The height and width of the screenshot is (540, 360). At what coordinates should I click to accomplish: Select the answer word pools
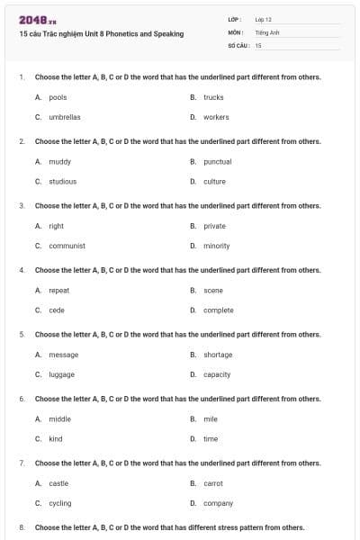pos(58,97)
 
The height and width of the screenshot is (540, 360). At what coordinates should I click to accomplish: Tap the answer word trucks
pos(213,97)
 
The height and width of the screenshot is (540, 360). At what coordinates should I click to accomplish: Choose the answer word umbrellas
pos(64,117)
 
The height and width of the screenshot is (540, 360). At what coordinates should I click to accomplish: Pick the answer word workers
pos(216,117)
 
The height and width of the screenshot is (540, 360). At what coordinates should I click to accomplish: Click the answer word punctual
pos(217,162)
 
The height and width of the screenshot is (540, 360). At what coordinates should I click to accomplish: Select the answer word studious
pos(62,181)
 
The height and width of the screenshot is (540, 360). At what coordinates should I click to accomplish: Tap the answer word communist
pos(67,246)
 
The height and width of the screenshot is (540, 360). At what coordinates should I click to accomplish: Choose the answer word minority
pos(216,246)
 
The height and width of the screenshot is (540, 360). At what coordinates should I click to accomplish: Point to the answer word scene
pos(213,291)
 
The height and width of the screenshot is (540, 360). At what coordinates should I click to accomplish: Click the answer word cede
pos(57,310)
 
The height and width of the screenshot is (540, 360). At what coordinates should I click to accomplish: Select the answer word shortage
pos(218,355)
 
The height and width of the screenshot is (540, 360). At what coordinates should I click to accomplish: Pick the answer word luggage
pos(61,374)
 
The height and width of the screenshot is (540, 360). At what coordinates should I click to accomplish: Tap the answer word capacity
pos(217,374)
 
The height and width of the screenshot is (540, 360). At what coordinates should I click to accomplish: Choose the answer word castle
pos(58,483)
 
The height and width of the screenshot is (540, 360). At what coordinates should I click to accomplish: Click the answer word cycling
pos(59,503)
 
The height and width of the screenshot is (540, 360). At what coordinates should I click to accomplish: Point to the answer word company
pos(218,503)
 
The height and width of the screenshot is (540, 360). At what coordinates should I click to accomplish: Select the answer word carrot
pos(213,483)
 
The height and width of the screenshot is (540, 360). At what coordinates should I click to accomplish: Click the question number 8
pos(22,527)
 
